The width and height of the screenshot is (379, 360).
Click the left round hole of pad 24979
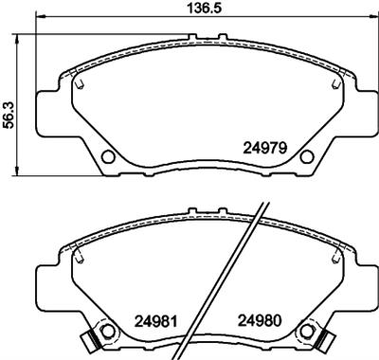[108, 156]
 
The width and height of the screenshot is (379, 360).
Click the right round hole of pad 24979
[305, 156]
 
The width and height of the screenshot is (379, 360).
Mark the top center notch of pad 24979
[207, 39]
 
